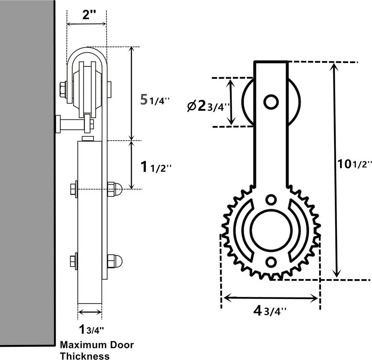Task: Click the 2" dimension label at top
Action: coord(89,15)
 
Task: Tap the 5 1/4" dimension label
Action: coord(155,100)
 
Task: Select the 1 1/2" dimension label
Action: coord(156,167)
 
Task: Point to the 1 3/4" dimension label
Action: coord(91,330)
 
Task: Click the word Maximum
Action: coord(84,345)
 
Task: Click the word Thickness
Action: coord(85,356)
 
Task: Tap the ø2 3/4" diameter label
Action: coord(208,107)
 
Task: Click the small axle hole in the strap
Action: coord(271,102)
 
